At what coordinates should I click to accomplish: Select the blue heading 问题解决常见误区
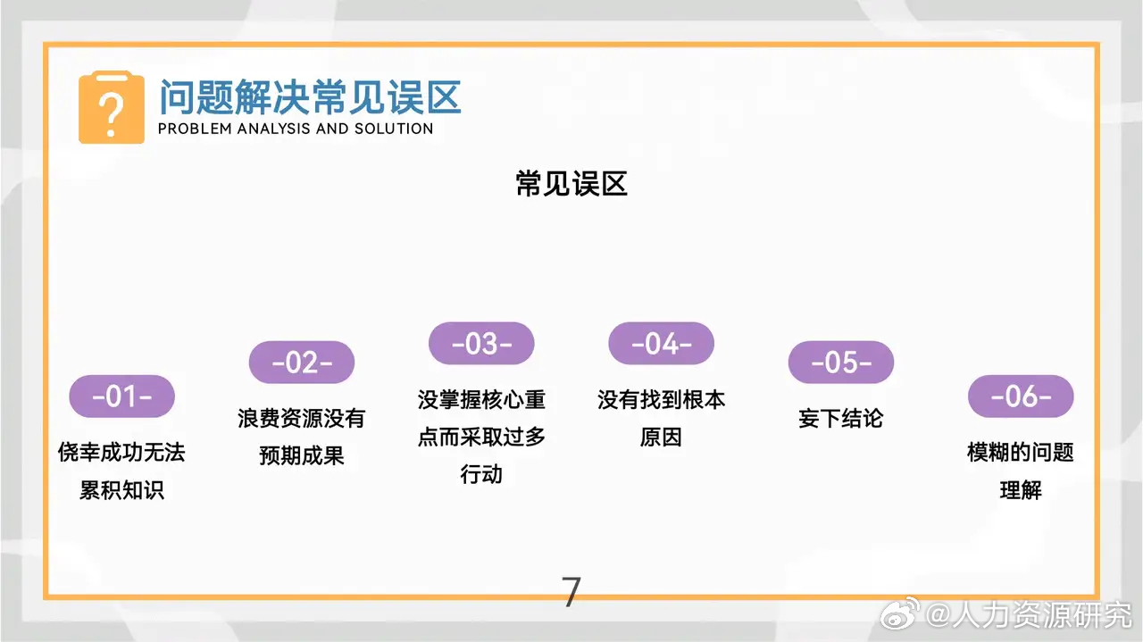(310, 96)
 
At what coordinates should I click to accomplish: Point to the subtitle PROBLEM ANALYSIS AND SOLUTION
(296, 129)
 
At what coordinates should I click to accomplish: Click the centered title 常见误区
(571, 184)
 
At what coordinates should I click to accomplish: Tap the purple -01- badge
(122, 396)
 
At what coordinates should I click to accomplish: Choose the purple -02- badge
(302, 363)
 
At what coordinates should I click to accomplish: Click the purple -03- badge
(481, 344)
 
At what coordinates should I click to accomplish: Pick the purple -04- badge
(662, 344)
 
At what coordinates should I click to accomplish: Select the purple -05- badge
(841, 363)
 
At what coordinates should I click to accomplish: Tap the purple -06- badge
(1021, 396)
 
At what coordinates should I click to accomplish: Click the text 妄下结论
(841, 419)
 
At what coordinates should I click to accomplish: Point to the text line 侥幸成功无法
(121, 453)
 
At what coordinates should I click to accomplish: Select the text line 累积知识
(121, 491)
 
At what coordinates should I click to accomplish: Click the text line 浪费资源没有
(302, 419)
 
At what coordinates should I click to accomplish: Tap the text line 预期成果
(302, 456)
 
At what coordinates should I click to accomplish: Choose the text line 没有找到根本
(662, 400)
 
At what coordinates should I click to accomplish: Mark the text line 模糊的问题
(1021, 453)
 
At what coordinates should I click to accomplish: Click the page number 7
(571, 592)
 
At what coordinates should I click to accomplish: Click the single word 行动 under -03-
(481, 475)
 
